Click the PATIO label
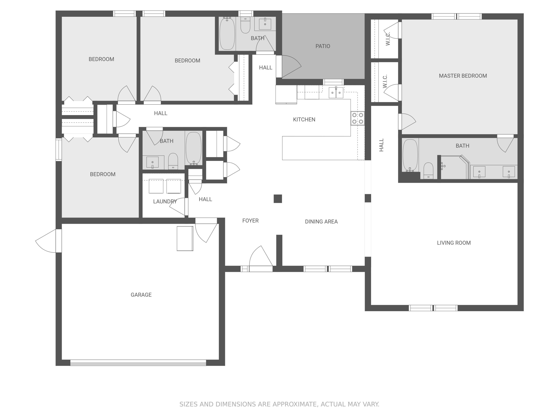coord(323,46)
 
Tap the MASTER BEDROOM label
coord(463,76)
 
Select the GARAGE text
coord(141,295)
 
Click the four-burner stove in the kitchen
coord(358,118)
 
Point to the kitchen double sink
coord(336,93)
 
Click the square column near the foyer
coord(278,199)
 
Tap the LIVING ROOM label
coord(454,243)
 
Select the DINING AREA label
coord(321,221)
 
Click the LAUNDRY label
coord(165,201)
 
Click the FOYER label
coord(250,220)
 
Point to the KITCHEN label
coord(304,120)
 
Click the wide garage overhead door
coord(138,363)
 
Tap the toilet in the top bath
coord(245,25)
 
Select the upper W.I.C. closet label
coord(388,39)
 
